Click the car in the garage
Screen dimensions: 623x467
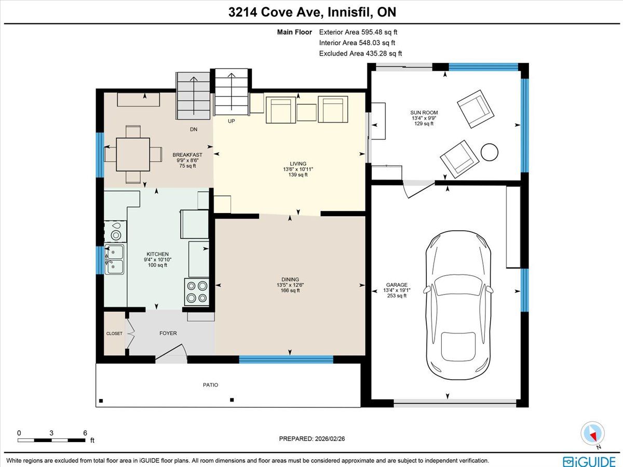[x=458, y=305]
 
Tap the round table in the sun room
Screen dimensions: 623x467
[x=490, y=152]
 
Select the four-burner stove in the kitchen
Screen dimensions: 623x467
[x=197, y=292]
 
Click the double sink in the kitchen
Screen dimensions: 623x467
[x=114, y=259]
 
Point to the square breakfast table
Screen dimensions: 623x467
[x=133, y=154]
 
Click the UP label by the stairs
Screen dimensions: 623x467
[x=232, y=121]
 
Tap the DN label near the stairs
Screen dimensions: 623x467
[x=194, y=129]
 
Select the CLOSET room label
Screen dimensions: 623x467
[x=114, y=333]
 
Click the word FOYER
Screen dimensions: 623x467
[x=168, y=333]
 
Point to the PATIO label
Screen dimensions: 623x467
[x=211, y=385]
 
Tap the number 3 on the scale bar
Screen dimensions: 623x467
[x=51, y=433]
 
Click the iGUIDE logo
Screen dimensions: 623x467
[x=589, y=461]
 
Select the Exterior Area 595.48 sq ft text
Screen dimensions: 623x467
[x=358, y=32]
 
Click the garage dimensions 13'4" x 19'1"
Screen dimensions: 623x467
[x=397, y=290]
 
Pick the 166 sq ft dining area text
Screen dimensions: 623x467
[x=290, y=290]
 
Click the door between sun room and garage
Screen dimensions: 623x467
[x=418, y=189]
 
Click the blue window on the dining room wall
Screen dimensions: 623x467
[x=286, y=359]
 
